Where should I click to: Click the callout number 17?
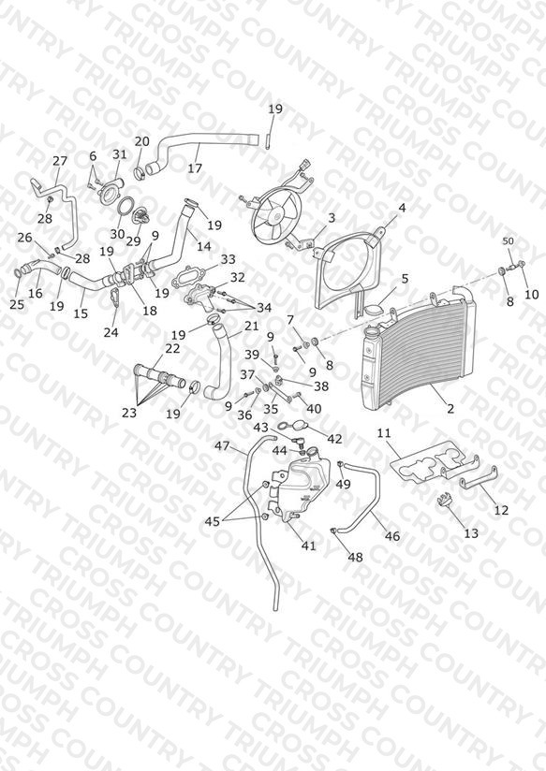click(195, 168)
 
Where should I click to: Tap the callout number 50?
click(508, 241)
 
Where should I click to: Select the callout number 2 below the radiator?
click(450, 409)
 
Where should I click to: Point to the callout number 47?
click(223, 446)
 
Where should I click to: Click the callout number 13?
click(471, 533)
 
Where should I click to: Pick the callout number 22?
click(173, 348)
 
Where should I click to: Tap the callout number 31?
click(120, 153)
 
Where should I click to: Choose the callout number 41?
click(309, 546)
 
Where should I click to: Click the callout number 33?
click(228, 259)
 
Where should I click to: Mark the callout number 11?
click(384, 433)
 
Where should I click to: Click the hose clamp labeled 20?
click(140, 172)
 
